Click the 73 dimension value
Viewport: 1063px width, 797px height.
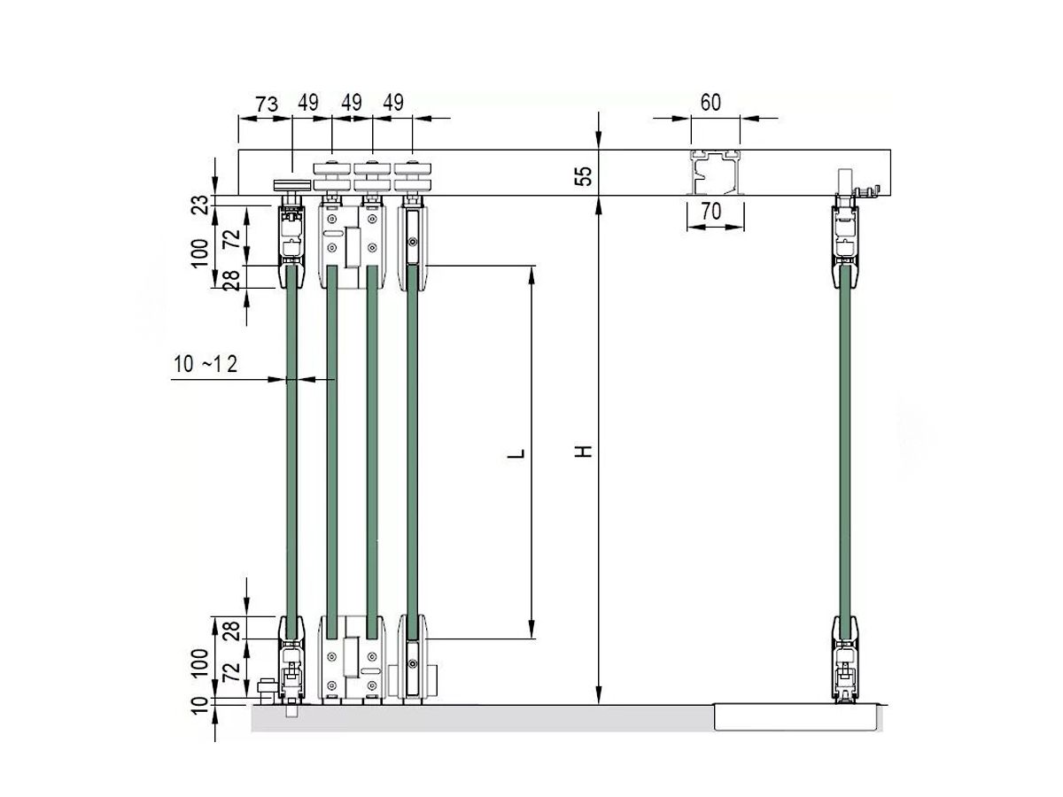[267, 103]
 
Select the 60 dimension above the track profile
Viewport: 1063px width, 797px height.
[710, 102]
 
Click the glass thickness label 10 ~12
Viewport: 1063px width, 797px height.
[206, 363]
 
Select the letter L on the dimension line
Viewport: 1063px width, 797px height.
[518, 454]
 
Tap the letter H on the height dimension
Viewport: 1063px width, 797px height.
[582, 452]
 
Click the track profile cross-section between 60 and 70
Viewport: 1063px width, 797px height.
[717, 172]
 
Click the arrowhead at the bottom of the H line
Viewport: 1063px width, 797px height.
[600, 696]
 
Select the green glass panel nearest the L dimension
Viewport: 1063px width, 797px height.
[412, 452]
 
